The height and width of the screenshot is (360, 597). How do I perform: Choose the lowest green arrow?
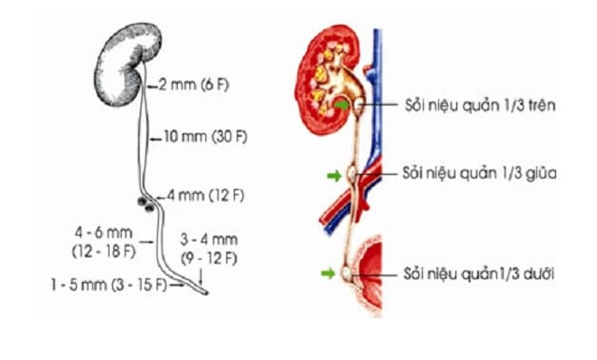pyautogui.click(x=329, y=274)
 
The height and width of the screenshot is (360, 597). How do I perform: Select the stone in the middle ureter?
pyautogui.click(x=354, y=175)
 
